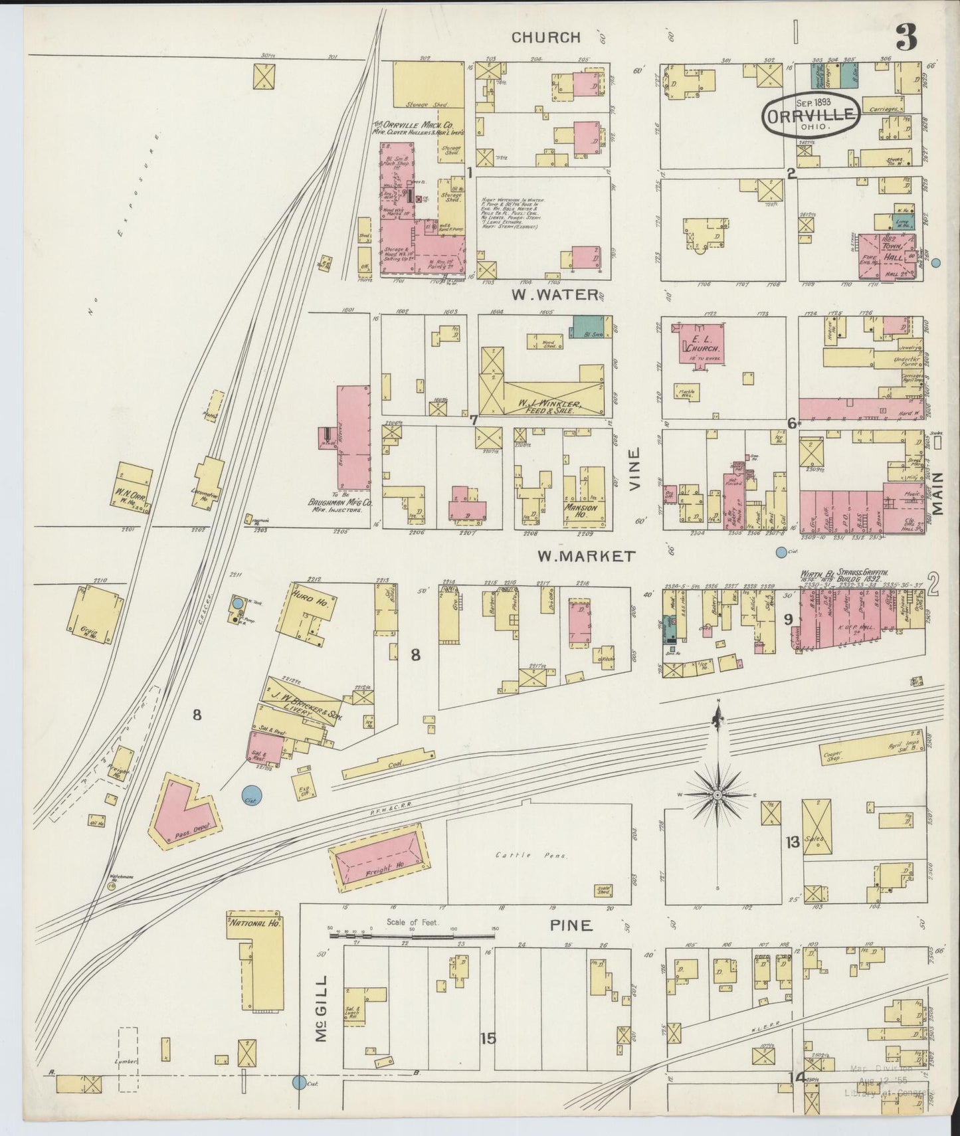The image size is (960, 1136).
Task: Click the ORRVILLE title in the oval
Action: click(x=811, y=116)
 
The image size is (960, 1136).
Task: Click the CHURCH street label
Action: click(x=545, y=37)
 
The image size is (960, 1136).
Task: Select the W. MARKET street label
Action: click(x=586, y=557)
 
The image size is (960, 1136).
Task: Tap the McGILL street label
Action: click(x=322, y=1017)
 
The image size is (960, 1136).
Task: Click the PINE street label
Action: click(x=571, y=925)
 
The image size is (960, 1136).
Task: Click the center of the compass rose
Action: click(x=718, y=795)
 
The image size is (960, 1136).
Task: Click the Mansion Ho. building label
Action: click(x=581, y=512)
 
